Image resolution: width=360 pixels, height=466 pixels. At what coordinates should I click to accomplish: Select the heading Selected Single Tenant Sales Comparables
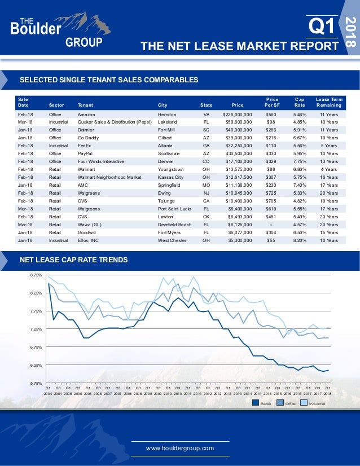click(109, 80)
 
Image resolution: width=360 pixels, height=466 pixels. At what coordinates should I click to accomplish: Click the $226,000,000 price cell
click(242, 114)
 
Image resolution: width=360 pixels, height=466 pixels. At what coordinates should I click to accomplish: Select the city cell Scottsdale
click(172, 153)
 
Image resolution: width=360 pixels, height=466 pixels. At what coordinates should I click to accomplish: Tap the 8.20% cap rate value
click(300, 239)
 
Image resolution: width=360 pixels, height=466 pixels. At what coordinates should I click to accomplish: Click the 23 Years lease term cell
click(328, 216)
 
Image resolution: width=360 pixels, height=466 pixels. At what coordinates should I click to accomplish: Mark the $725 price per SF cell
click(271, 192)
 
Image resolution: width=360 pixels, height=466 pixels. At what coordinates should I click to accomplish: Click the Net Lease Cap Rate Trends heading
click(73, 260)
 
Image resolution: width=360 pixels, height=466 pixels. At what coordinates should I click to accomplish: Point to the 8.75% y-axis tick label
click(35, 275)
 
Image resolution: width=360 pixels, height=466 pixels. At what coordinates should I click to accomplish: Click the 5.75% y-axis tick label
click(35, 384)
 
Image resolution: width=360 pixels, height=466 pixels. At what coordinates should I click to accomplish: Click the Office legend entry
click(287, 403)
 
